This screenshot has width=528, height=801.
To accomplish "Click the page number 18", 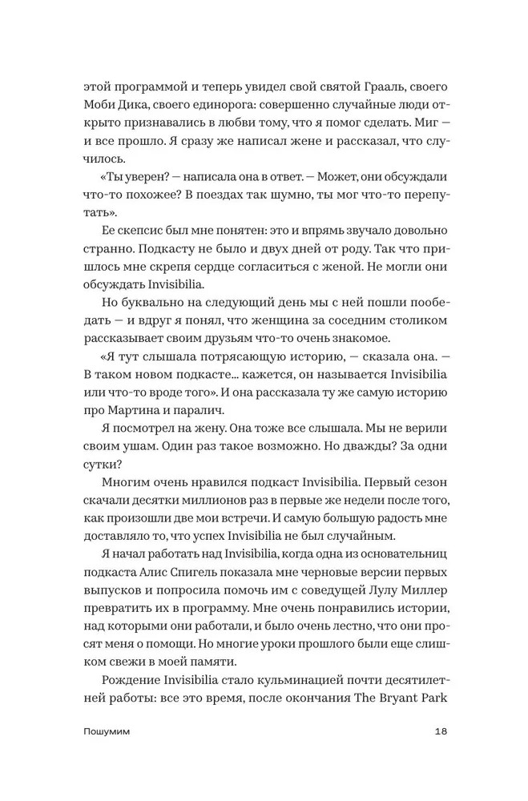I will click(440, 754).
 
